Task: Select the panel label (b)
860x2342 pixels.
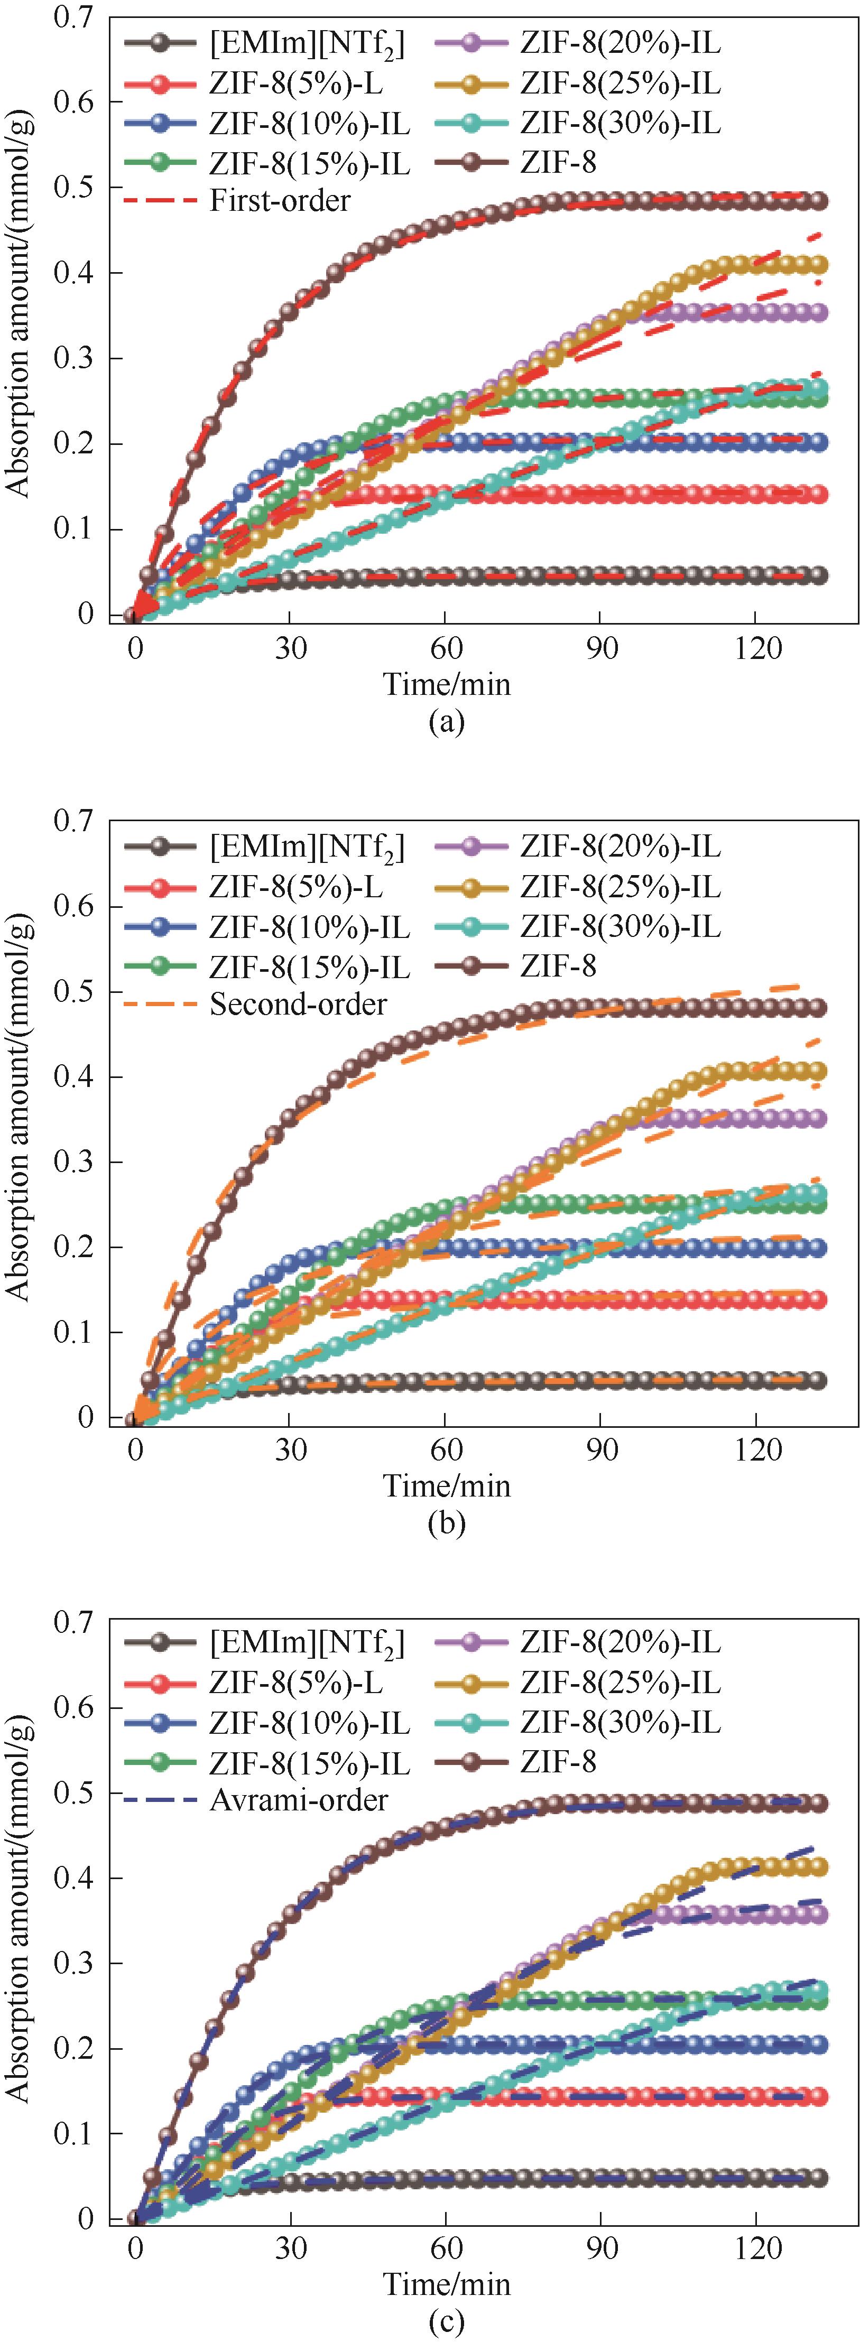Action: (x=446, y=1523)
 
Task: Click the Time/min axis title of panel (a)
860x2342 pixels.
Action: (x=446, y=684)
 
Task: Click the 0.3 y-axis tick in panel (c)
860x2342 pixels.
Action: (x=73, y=1964)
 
